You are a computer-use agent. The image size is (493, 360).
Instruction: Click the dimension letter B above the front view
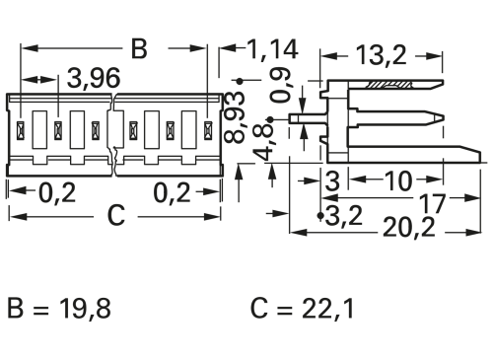pyautogui.click(x=139, y=49)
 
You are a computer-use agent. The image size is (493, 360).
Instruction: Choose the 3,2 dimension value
pyautogui.click(x=344, y=214)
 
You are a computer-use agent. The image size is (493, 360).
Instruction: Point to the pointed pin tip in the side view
pyautogui.click(x=437, y=118)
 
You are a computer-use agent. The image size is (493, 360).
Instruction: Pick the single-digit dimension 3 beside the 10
pyautogui.click(x=332, y=181)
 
